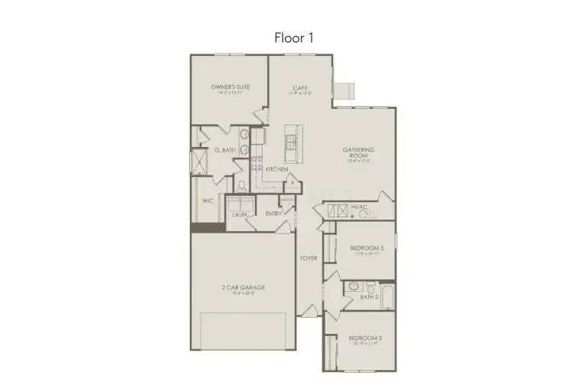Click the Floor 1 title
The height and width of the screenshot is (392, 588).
pos(294,37)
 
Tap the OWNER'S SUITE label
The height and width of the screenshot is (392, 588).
pos(230,87)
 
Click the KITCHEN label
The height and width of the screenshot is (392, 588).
pos(276,168)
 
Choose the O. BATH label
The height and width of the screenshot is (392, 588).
pos(224,150)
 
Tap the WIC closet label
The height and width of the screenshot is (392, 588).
pos(207,201)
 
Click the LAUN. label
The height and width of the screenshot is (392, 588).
pos(240,214)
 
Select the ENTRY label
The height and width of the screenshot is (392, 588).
pos(273,214)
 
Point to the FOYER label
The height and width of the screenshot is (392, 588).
pos(309,258)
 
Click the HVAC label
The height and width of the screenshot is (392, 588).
pos(360,207)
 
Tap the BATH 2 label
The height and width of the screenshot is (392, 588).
pos(369,296)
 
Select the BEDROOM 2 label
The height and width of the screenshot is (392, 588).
pos(365,338)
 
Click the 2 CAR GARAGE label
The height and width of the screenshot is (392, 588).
pos(243,287)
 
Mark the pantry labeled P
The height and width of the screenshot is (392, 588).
pos(292,184)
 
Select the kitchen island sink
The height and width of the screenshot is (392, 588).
pos(291,142)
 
